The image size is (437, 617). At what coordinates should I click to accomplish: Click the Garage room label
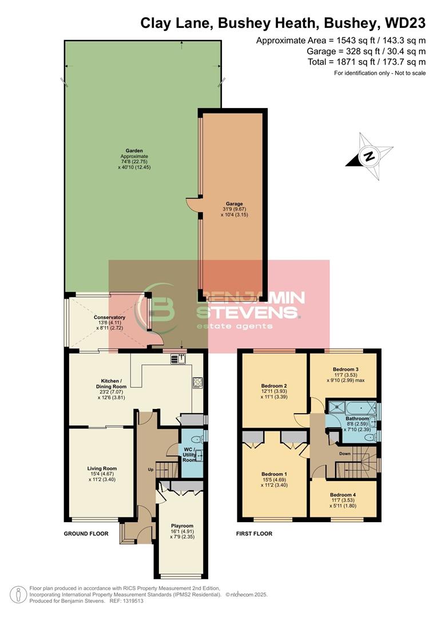tap(234, 203)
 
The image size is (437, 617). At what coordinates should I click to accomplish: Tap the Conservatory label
tap(109, 317)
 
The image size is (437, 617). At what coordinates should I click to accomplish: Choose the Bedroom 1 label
tap(274, 474)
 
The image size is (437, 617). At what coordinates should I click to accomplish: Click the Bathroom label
tap(357, 419)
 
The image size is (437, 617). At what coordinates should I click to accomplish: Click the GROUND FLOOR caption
tap(86, 534)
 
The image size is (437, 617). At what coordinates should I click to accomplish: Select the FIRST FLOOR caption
tap(255, 534)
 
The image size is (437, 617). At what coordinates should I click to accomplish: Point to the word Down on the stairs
tap(344, 454)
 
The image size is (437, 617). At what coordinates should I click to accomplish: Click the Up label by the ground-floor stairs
tap(151, 470)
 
